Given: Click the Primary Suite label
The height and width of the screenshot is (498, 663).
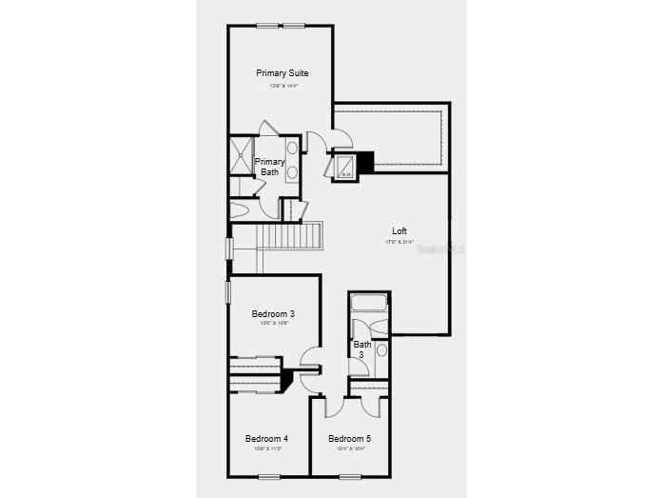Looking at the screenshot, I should [x=282, y=73].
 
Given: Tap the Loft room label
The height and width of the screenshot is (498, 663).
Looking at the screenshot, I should [x=400, y=231].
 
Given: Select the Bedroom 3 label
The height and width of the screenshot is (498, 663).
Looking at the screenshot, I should [x=272, y=314].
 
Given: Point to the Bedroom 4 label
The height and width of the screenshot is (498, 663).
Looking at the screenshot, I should [x=266, y=439].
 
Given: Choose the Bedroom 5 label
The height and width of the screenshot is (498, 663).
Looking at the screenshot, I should [x=349, y=439].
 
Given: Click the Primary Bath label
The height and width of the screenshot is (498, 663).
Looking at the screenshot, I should [x=269, y=167].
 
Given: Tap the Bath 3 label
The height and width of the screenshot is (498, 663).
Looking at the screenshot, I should [x=362, y=349].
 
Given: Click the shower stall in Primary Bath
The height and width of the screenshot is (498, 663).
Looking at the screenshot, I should [x=241, y=157].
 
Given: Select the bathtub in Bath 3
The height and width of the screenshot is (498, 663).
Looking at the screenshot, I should [x=368, y=305].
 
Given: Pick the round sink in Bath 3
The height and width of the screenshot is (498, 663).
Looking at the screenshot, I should [x=381, y=350].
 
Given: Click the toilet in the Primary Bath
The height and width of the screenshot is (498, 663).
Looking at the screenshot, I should [x=239, y=210].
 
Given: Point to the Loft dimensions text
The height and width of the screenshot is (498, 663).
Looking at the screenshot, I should [x=400, y=242].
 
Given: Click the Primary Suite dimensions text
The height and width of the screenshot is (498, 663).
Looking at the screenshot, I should [x=282, y=87].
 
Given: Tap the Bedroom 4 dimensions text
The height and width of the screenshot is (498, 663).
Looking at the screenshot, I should [x=266, y=448].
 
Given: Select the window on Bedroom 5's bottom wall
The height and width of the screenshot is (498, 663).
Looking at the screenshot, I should [x=350, y=476].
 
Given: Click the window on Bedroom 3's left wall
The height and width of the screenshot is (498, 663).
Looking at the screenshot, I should [x=227, y=291].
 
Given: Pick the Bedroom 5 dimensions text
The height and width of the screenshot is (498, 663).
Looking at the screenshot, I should [x=349, y=448].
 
